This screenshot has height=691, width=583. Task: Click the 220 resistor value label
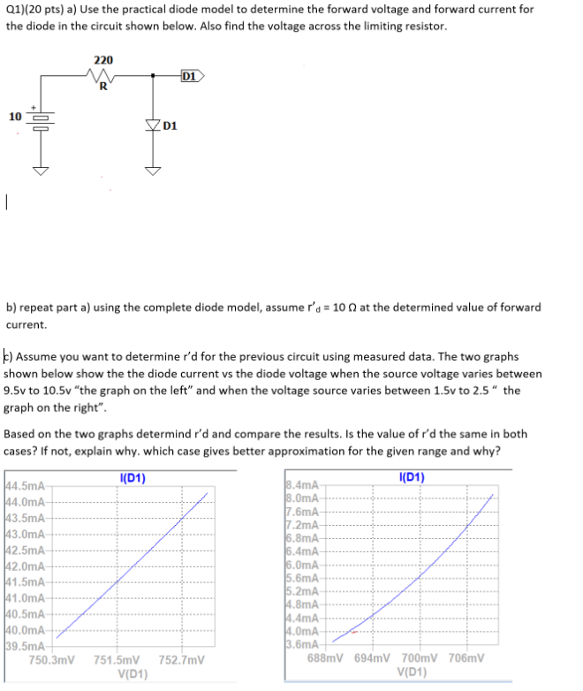pyautogui.click(x=103, y=59)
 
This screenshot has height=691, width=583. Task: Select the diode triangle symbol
pyautogui.click(x=153, y=125)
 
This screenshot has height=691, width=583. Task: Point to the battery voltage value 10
pyautogui.click(x=15, y=116)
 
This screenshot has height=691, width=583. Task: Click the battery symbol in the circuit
pyautogui.click(x=42, y=117)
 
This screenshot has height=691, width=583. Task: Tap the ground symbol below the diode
pyautogui.click(x=153, y=171)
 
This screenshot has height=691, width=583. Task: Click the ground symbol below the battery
pyautogui.click(x=42, y=171)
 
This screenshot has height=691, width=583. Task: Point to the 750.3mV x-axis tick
pyautogui.click(x=51, y=659)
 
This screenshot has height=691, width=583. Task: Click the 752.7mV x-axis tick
pyautogui.click(x=182, y=659)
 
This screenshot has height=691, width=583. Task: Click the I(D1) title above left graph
pyautogui.click(x=132, y=478)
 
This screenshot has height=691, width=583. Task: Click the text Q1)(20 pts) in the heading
pyautogui.click(x=34, y=9)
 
